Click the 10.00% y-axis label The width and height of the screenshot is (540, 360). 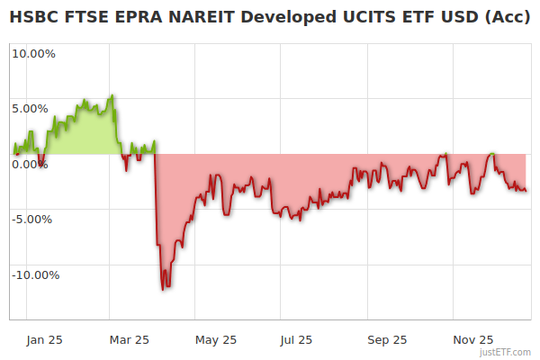(33, 53)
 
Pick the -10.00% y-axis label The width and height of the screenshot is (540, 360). (33, 274)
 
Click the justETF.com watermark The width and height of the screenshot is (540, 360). (508, 352)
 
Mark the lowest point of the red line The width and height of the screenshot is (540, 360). (163, 289)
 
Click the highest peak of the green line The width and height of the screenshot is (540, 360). (112, 94)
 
